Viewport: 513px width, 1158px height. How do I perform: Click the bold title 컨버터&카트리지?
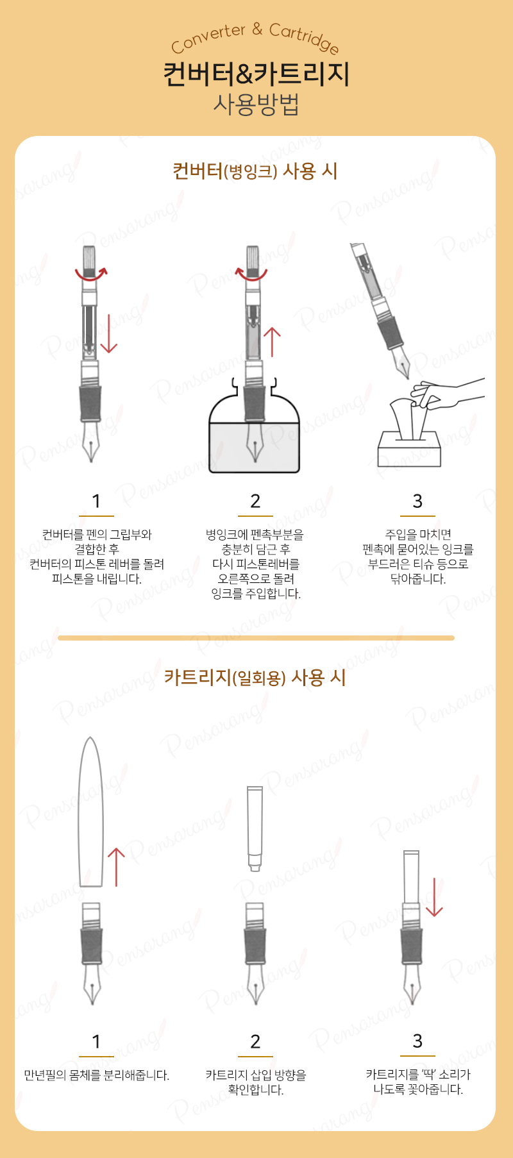pyautogui.click(x=256, y=74)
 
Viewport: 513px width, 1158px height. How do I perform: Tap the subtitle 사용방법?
pyautogui.click(x=256, y=105)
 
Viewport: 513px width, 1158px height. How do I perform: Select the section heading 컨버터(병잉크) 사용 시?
pyautogui.click(x=255, y=171)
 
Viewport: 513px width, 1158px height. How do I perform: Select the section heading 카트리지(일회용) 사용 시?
pyautogui.click(x=255, y=677)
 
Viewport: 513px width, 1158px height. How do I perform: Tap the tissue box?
pyautogui.click(x=409, y=448)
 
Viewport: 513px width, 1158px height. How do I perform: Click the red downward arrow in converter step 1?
pyautogui.click(x=109, y=333)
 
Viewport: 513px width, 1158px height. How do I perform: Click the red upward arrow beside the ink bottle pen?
pyautogui.click(x=273, y=342)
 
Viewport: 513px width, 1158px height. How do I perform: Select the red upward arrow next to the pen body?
pyautogui.click(x=116, y=867)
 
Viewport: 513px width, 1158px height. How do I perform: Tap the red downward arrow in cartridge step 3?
pyautogui.click(x=434, y=897)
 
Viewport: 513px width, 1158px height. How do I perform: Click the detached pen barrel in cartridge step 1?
pyautogui.click(x=90, y=812)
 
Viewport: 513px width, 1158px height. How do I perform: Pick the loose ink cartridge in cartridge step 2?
pyautogui.click(x=255, y=828)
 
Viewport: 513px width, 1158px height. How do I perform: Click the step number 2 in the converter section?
pyautogui.click(x=255, y=501)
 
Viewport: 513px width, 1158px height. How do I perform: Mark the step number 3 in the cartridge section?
pyautogui.click(x=417, y=1041)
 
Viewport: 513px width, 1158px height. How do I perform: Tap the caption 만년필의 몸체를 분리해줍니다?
pyautogui.click(x=97, y=1075)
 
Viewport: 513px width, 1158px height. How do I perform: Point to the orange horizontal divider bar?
pyautogui.click(x=256, y=638)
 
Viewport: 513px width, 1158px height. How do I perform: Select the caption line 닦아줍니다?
pyautogui.click(x=418, y=579)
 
